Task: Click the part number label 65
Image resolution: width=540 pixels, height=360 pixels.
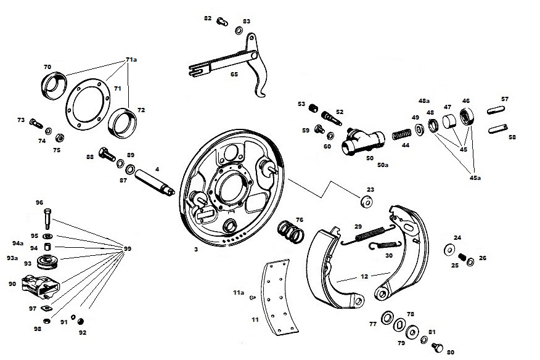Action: (234, 74)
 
